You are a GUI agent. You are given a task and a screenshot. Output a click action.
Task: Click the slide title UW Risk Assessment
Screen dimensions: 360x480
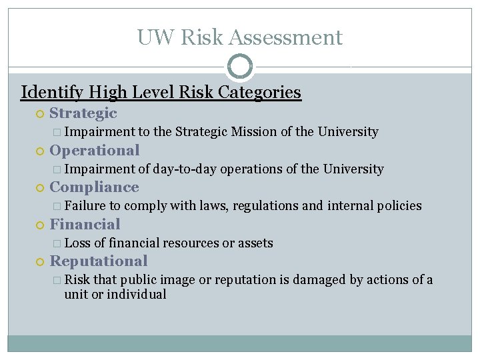tap(240, 37)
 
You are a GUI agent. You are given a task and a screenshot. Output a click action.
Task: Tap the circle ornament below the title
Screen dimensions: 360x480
tap(240, 67)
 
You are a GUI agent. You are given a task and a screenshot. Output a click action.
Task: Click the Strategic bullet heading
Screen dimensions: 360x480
tap(83, 114)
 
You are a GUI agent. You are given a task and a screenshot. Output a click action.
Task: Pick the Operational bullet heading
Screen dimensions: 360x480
tap(95, 151)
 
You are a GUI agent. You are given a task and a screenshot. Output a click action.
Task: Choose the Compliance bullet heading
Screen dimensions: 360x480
tap(94, 187)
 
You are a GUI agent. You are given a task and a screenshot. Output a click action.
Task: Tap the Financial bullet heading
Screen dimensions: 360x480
tap(85, 225)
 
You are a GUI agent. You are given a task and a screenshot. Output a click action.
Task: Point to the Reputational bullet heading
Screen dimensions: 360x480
tap(99, 261)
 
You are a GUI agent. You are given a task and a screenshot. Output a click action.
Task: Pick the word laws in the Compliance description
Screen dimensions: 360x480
tap(213, 206)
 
